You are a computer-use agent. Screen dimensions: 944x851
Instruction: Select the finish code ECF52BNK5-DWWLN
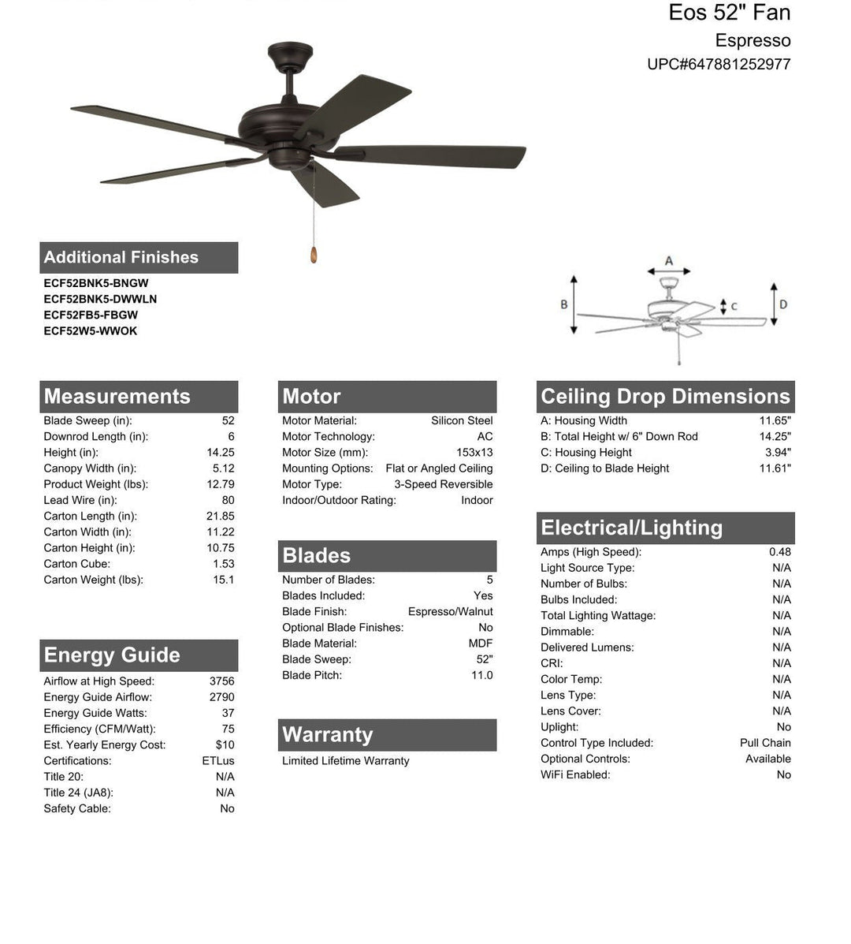(x=100, y=299)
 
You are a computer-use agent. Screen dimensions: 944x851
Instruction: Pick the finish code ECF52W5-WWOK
(x=91, y=331)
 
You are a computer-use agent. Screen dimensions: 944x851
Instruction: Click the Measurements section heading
(x=117, y=397)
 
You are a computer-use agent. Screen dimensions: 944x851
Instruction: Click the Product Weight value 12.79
(x=220, y=484)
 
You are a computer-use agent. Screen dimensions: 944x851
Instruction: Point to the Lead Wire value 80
(x=228, y=500)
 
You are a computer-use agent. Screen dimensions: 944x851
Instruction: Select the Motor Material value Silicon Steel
(x=462, y=420)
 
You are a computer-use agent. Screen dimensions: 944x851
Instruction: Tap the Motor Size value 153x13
(x=474, y=453)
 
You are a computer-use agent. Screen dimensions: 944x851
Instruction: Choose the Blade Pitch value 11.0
(x=481, y=675)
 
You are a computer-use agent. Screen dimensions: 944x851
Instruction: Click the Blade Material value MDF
(x=481, y=644)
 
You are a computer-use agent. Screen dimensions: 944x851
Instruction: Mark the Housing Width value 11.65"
(x=775, y=420)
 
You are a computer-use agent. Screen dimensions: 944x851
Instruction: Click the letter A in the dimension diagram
(x=669, y=261)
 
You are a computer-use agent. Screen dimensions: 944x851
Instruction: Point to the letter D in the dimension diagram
(x=783, y=304)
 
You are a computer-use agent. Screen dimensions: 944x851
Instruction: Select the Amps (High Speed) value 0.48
(x=780, y=552)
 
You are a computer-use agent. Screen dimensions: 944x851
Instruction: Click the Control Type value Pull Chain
(x=765, y=743)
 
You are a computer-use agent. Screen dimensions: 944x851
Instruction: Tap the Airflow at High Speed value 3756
(x=221, y=681)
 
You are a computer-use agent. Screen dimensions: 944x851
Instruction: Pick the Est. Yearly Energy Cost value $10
(x=225, y=744)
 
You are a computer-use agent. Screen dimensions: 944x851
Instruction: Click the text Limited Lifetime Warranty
(x=345, y=761)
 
